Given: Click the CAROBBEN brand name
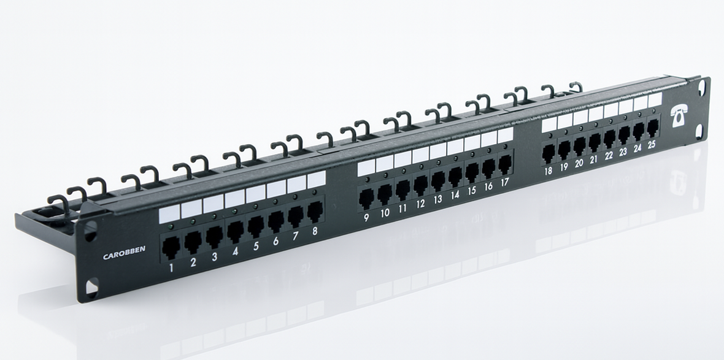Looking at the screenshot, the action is click(x=124, y=253).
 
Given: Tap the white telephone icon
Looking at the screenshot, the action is click(x=679, y=115).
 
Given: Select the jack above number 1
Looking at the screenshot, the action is click(x=171, y=247).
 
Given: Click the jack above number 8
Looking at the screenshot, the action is click(x=315, y=211).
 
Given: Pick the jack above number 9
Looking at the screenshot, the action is click(x=366, y=199).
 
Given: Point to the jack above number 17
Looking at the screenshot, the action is click(x=505, y=164).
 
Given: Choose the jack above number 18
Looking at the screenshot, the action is click(x=548, y=154).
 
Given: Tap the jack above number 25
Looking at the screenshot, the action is click(x=652, y=128).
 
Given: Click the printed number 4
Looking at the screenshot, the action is click(x=235, y=251).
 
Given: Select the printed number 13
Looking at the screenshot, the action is click(x=437, y=199).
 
